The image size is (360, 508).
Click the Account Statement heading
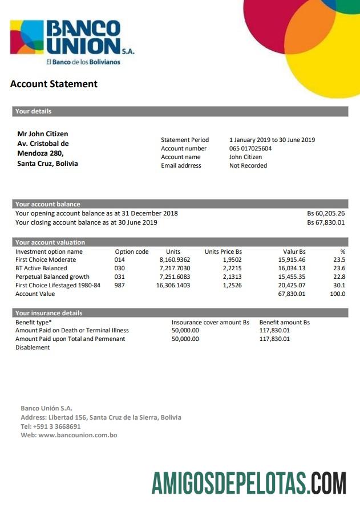[54, 84]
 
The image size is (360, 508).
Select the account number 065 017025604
[250, 149]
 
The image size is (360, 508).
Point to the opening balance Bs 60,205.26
[326, 214]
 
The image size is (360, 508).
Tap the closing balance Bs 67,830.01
[326, 222]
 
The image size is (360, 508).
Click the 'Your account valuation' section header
[50, 242]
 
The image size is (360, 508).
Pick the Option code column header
[132, 251]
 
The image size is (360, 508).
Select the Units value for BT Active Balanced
[175, 269]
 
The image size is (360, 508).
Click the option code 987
[120, 285]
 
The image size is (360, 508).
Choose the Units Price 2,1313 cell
[231, 277]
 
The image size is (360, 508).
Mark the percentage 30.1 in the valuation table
[339, 285]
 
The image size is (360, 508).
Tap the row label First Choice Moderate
[46, 260]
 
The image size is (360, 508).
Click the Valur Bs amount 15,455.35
[292, 277]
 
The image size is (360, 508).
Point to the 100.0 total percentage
[338, 294]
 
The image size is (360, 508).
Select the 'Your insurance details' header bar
[48, 313]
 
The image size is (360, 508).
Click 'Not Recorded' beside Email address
[248, 166]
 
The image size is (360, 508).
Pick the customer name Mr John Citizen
[43, 134]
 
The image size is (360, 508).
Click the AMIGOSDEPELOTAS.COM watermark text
[249, 482]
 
